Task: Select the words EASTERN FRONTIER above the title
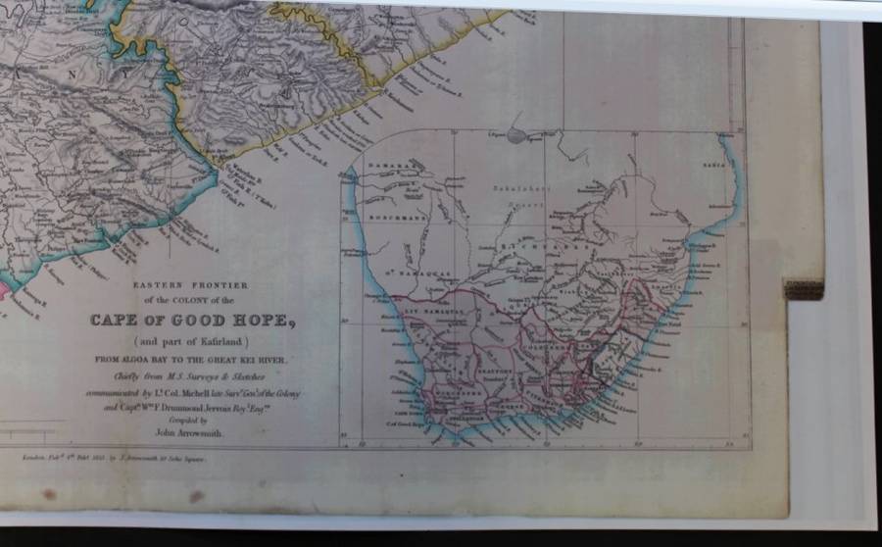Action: tap(192, 285)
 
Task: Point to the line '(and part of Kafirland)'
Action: tap(192, 340)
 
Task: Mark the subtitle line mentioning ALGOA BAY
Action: tap(192, 360)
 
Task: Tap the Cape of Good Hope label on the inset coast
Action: tap(429, 422)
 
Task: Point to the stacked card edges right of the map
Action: tap(804, 288)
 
